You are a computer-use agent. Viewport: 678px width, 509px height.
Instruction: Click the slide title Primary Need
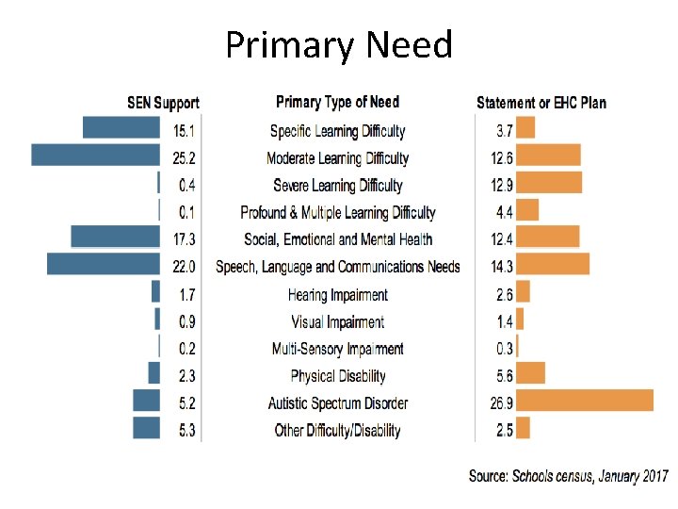click(339, 44)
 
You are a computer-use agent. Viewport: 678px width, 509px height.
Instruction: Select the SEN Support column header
click(163, 103)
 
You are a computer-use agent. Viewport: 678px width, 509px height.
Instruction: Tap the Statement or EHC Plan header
click(541, 103)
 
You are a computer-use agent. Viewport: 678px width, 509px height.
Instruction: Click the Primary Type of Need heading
click(337, 102)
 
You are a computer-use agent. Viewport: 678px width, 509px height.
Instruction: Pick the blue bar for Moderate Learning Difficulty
click(95, 155)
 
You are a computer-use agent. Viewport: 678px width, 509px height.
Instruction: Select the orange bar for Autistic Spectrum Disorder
click(585, 401)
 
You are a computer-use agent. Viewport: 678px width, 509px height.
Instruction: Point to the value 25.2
click(185, 157)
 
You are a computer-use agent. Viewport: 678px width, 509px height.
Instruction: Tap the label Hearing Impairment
click(337, 295)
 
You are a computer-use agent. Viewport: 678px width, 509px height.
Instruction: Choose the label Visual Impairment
click(337, 322)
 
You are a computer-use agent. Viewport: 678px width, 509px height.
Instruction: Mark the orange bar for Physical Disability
click(531, 373)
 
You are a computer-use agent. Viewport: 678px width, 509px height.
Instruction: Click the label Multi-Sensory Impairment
click(337, 349)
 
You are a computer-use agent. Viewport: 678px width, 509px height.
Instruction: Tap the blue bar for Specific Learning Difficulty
click(121, 127)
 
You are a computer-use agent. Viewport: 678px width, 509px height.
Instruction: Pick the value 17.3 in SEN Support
click(185, 239)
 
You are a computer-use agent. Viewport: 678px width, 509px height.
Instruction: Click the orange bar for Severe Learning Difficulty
click(549, 182)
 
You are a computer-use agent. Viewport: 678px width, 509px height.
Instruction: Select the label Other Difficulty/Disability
click(337, 431)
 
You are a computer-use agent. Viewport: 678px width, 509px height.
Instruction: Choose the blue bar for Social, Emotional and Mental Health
click(116, 237)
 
